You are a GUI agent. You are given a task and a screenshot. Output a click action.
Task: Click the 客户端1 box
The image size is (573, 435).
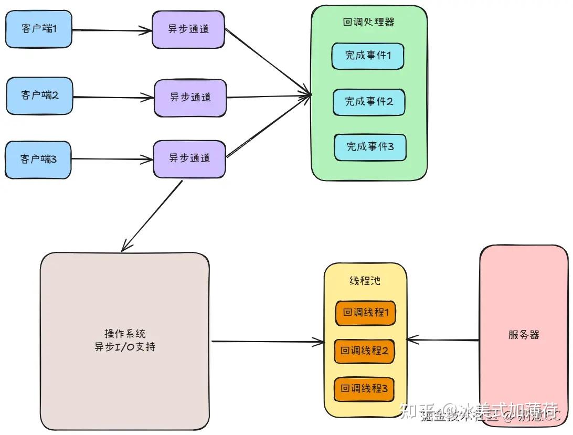point(38,29)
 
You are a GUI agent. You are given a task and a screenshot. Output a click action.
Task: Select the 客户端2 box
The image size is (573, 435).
point(39,96)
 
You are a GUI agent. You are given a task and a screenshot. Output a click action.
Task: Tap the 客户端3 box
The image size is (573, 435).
point(38,159)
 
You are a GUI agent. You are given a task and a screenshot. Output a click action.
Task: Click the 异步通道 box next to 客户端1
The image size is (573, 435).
point(188,29)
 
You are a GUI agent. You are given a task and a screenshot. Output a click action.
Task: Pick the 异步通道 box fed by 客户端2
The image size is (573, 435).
point(190,97)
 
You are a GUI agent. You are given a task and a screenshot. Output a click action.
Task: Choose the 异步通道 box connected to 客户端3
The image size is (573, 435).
point(189,158)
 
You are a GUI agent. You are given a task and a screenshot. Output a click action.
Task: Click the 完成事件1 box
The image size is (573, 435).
point(368,56)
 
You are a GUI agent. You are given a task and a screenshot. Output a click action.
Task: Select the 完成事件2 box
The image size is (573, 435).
point(369,102)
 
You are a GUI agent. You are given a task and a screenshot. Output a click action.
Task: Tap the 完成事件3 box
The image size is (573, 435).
point(370,147)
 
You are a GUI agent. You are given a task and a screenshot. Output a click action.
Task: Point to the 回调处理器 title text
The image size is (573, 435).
point(368,22)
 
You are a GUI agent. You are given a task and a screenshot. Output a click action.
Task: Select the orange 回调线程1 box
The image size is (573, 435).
point(365,313)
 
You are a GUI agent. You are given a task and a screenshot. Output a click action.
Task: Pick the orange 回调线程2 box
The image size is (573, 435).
point(364,351)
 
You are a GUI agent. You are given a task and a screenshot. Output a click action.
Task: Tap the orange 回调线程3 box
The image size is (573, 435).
point(364,389)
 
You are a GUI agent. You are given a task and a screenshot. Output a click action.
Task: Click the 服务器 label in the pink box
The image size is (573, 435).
point(524,335)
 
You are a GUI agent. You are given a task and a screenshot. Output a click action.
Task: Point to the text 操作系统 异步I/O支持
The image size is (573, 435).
point(125,341)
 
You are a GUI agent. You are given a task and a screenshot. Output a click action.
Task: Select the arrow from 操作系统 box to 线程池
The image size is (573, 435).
point(268,342)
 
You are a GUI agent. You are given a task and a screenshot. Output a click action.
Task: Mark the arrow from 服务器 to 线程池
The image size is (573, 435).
point(443,340)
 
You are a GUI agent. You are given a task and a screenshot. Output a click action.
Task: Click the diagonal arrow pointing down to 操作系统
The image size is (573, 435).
point(152,215)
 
